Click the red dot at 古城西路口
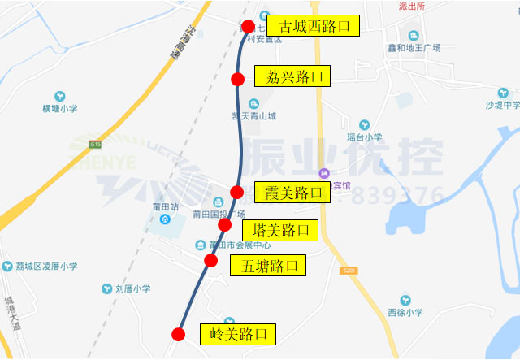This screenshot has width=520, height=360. (x=249, y=26)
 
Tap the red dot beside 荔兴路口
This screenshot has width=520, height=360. (x=238, y=79)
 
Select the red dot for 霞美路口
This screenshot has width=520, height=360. (x=236, y=193)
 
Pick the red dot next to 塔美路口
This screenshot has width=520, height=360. (x=225, y=225)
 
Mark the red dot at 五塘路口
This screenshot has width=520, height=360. (x=211, y=261)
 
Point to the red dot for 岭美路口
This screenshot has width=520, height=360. (x=179, y=334)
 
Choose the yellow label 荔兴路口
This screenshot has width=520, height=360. (x=293, y=77)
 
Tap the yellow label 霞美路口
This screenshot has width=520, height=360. (x=292, y=193)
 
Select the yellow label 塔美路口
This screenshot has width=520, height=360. (x=281, y=229)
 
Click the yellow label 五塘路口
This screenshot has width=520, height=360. (x=267, y=265)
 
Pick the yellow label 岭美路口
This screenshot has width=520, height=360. (x=237, y=334)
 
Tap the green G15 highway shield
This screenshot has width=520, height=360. (x=97, y=145)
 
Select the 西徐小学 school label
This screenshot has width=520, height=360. (x=405, y=312)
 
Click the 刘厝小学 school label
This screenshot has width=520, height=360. (x=132, y=288)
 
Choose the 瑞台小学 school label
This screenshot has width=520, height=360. (x=364, y=137)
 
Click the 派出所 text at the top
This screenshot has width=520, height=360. (x=412, y=6)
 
